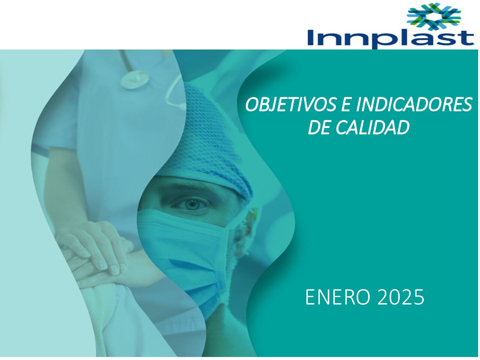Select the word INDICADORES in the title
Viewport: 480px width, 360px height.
coord(414,105)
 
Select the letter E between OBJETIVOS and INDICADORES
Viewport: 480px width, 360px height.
coord(346,105)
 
